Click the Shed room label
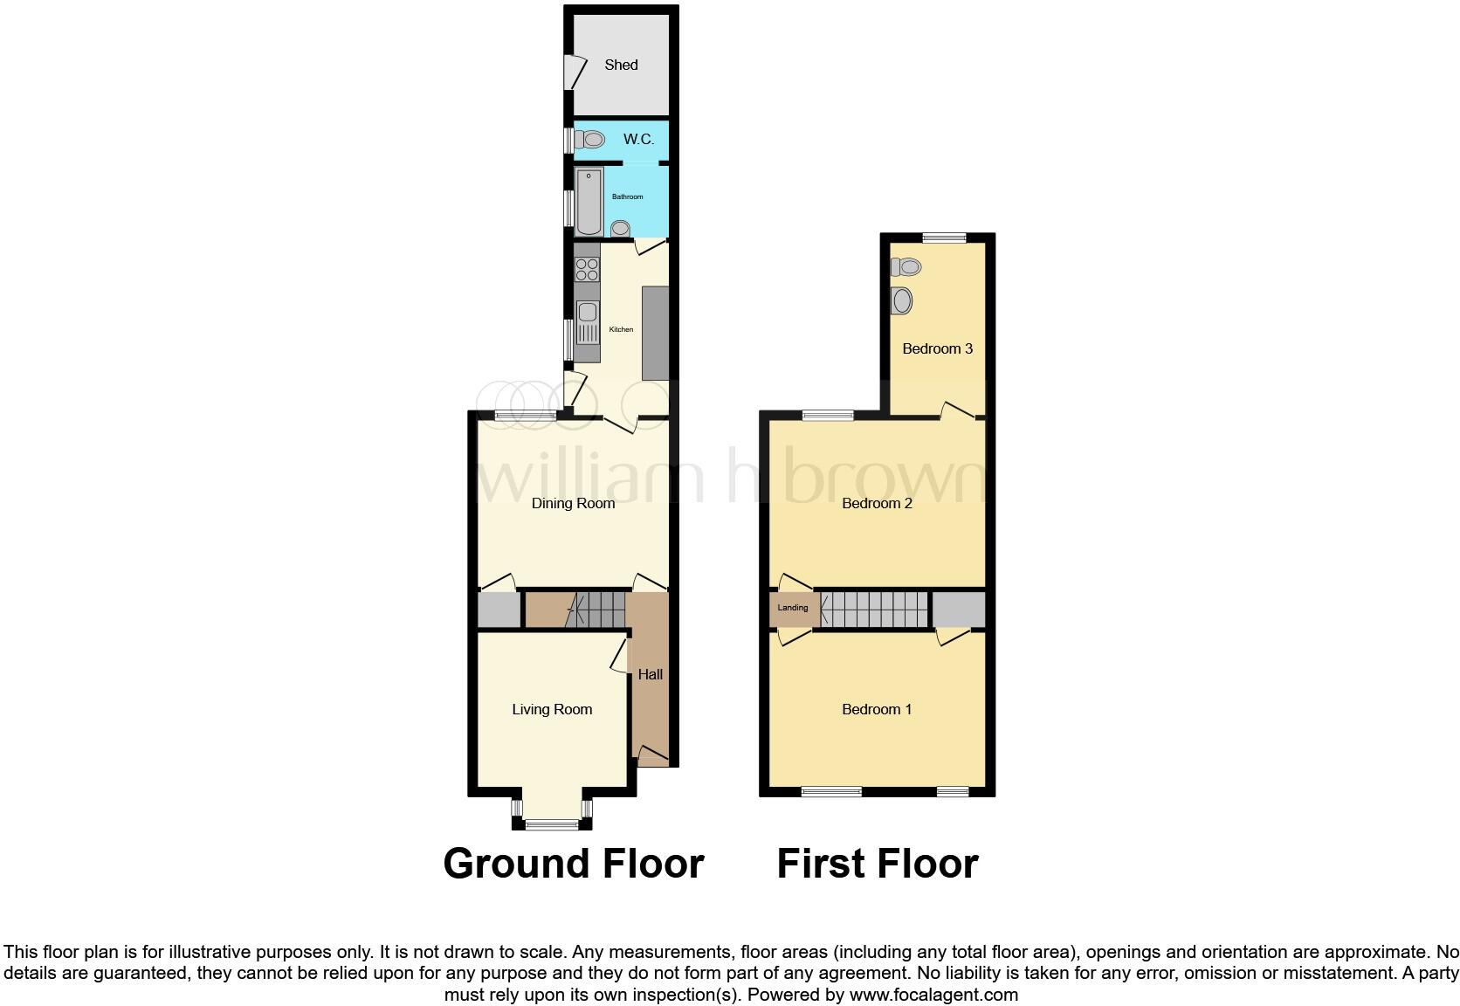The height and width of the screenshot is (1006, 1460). click(621, 65)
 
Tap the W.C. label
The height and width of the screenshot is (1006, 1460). click(638, 140)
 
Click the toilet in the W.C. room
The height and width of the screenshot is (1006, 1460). click(592, 140)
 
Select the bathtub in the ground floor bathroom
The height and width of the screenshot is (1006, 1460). click(589, 202)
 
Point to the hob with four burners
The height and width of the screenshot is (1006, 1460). click(588, 263)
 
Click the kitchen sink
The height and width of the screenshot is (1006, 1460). click(587, 313)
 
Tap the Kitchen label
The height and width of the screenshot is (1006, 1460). click(621, 329)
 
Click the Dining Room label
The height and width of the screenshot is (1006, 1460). click(573, 503)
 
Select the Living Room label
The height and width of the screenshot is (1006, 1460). click(552, 710)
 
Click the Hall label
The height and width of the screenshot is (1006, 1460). click(650, 674)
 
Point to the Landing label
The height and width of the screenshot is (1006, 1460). click(793, 608)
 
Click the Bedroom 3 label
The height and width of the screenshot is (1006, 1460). click(937, 348)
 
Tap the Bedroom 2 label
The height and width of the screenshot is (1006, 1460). click(877, 503)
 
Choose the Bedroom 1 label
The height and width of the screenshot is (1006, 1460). click(877, 709)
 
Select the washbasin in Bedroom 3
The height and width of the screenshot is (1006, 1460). click(902, 301)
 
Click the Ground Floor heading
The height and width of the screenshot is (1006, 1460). click(574, 864)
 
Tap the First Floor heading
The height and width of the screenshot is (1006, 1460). click(878, 864)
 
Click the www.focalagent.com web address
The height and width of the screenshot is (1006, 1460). click(933, 995)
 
